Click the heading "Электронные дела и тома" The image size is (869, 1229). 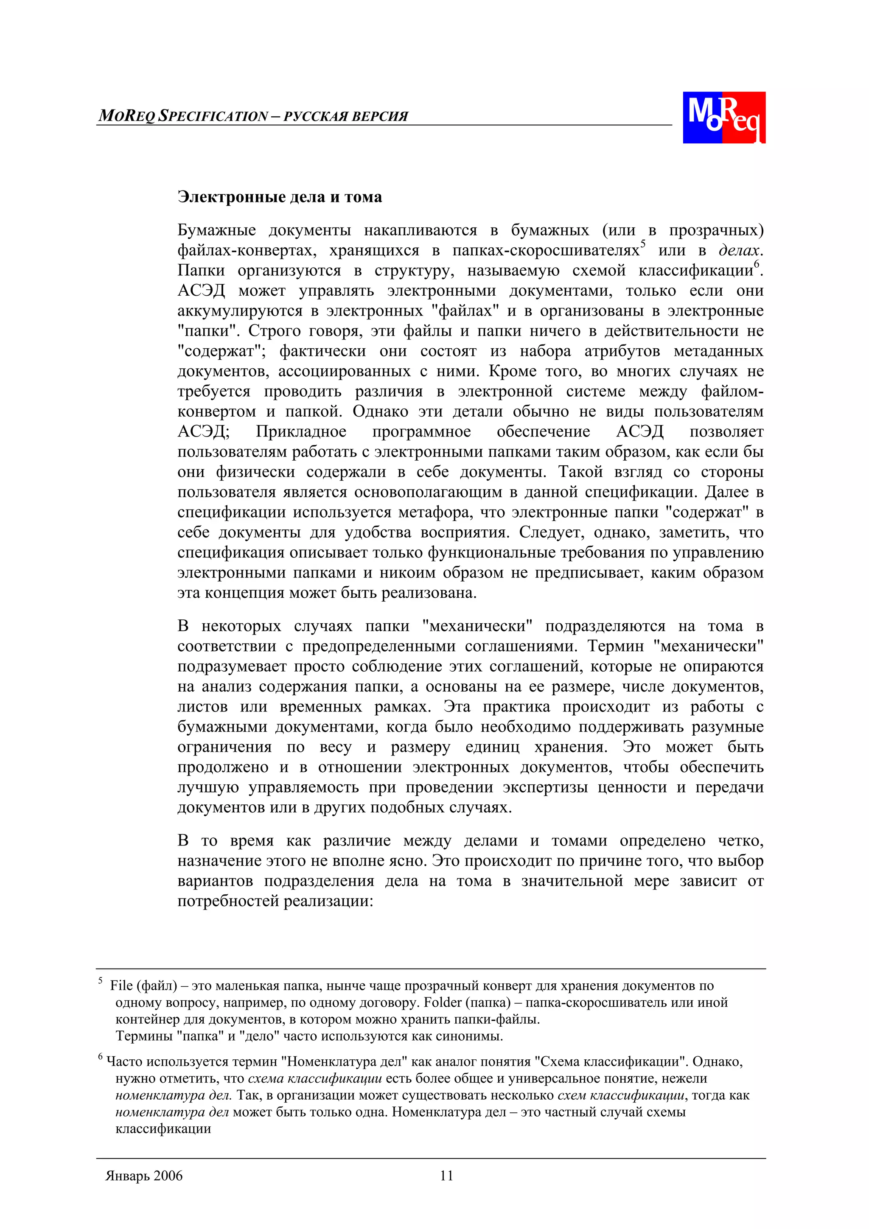click(x=280, y=197)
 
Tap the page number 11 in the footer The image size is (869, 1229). click(x=446, y=1176)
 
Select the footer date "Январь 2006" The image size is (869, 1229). click(x=144, y=1176)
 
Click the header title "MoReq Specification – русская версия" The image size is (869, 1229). click(x=253, y=116)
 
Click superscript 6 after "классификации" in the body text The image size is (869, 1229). click(x=757, y=264)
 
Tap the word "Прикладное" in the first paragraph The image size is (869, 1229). click(x=301, y=431)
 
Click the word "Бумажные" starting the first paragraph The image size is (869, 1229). click(x=216, y=230)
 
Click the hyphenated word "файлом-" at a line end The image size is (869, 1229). click(x=732, y=391)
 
